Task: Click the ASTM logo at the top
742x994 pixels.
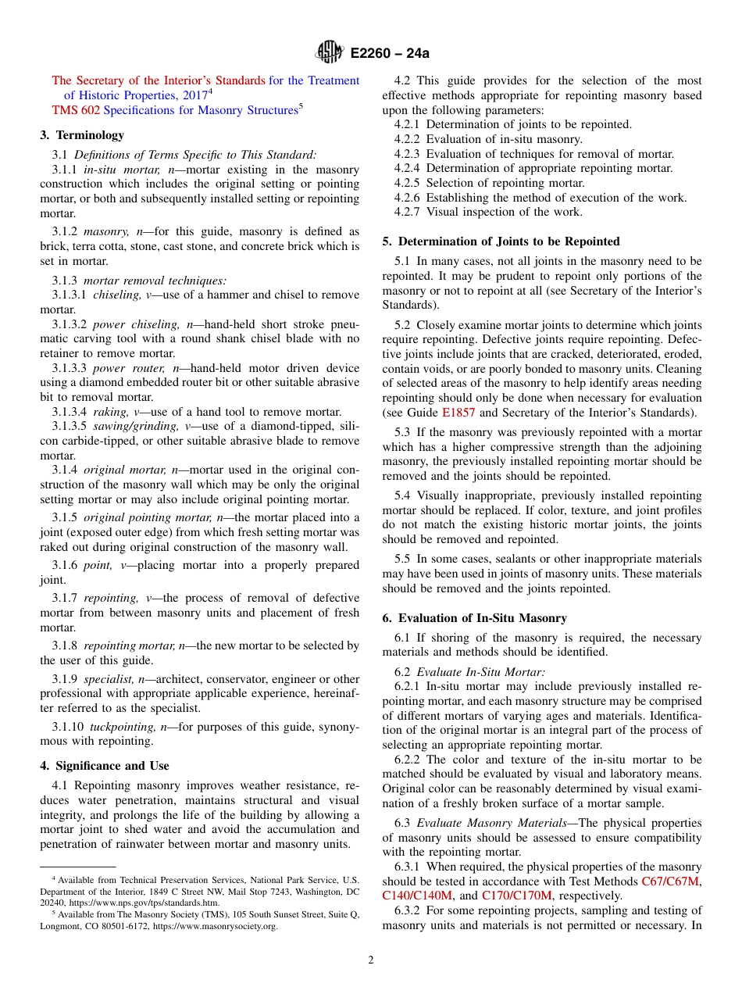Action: [329, 53]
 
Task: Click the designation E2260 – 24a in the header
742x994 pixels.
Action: [390, 54]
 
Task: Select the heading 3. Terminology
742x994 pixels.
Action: [82, 135]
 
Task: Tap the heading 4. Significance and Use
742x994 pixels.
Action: [105, 766]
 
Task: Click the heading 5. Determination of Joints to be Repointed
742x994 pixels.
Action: [501, 241]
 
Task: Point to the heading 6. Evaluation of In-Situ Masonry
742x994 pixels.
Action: [474, 618]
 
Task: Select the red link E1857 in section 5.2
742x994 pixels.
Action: [458, 413]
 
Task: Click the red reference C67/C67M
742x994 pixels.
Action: [669, 881]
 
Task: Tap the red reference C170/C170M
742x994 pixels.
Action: [516, 896]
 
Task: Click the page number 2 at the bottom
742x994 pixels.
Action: [371, 960]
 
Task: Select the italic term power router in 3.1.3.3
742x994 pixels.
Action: [123, 368]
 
